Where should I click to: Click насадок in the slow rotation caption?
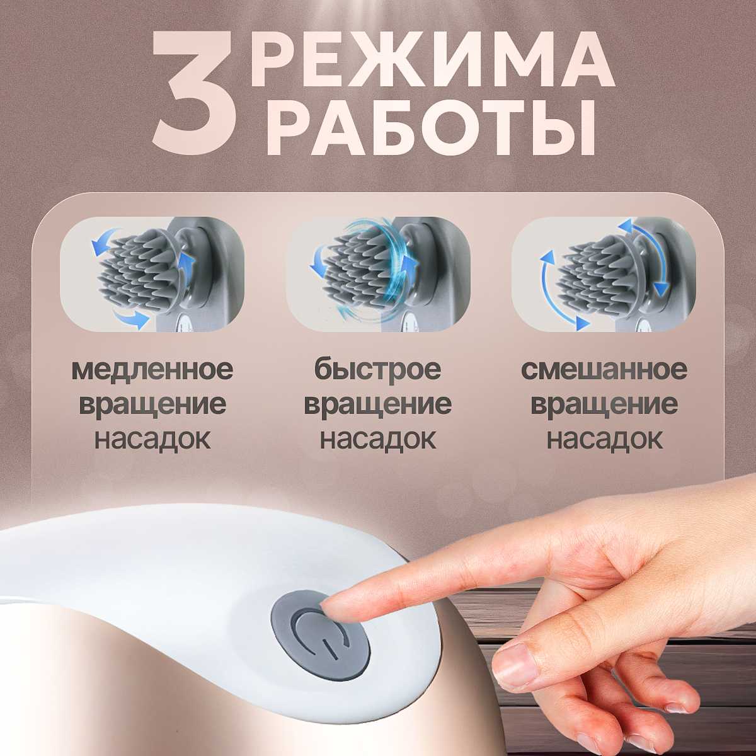pos(152,439)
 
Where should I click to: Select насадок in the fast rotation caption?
pos(378,439)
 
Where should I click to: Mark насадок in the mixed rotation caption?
pos(604,439)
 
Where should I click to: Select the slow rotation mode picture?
pos(152,274)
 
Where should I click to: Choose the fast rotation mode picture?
pos(378,274)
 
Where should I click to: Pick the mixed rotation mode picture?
pos(604,274)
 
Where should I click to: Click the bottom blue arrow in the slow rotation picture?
pos(130,318)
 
